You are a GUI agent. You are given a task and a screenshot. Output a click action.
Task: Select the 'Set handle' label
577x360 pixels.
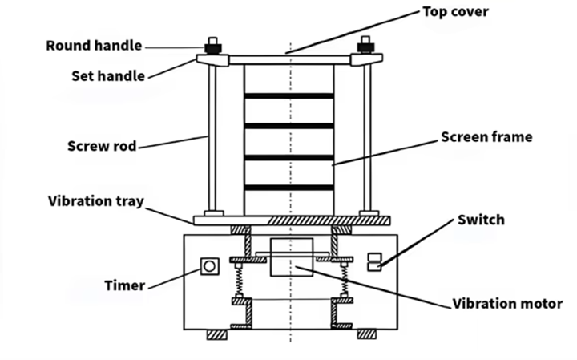click(107, 76)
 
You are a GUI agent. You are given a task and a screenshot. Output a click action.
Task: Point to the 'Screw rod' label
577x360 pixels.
click(101, 147)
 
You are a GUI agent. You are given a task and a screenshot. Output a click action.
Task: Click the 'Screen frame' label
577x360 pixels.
click(486, 137)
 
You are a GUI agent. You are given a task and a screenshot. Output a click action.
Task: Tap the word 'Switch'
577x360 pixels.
click(481, 220)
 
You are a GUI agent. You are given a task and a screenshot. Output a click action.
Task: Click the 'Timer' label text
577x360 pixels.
click(124, 285)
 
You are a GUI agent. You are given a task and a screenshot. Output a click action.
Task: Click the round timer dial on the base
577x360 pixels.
click(210, 265)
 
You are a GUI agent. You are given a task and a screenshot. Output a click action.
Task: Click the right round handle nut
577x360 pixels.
click(366, 45)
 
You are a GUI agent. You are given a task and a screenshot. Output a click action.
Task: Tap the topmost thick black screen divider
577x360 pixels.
click(288, 96)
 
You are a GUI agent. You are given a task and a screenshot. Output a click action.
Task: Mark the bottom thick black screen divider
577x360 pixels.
click(288, 188)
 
